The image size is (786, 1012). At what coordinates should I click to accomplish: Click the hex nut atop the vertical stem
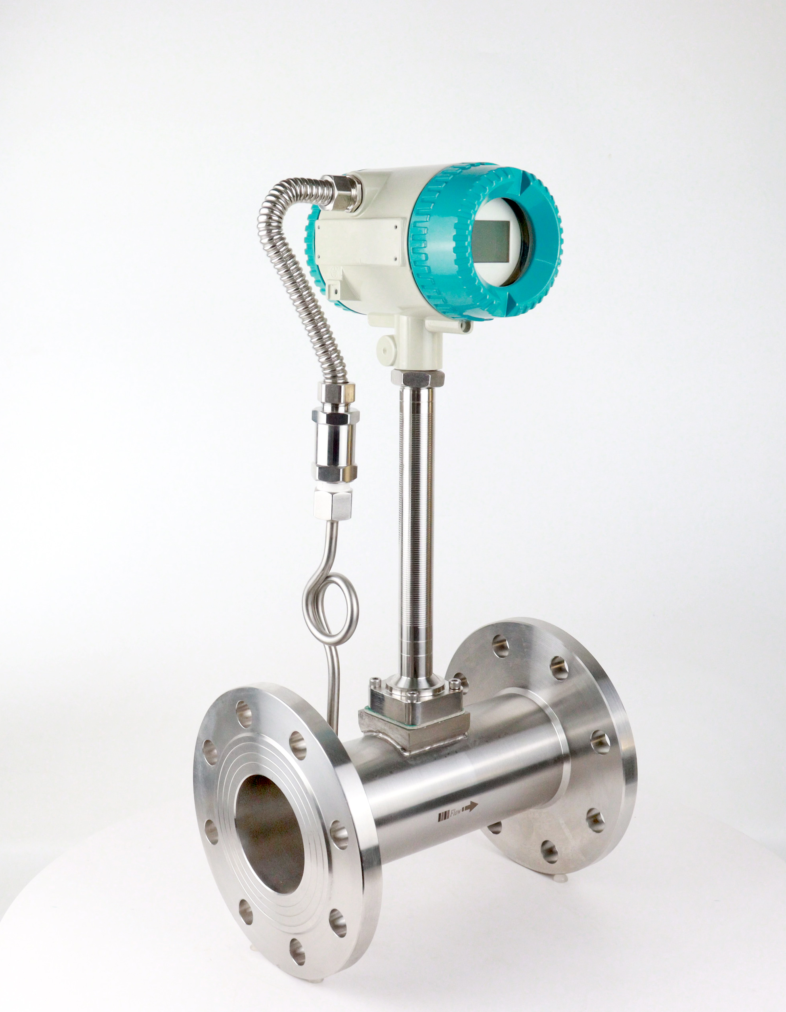[417, 377]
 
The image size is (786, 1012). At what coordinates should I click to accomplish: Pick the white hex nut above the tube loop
[333, 505]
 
